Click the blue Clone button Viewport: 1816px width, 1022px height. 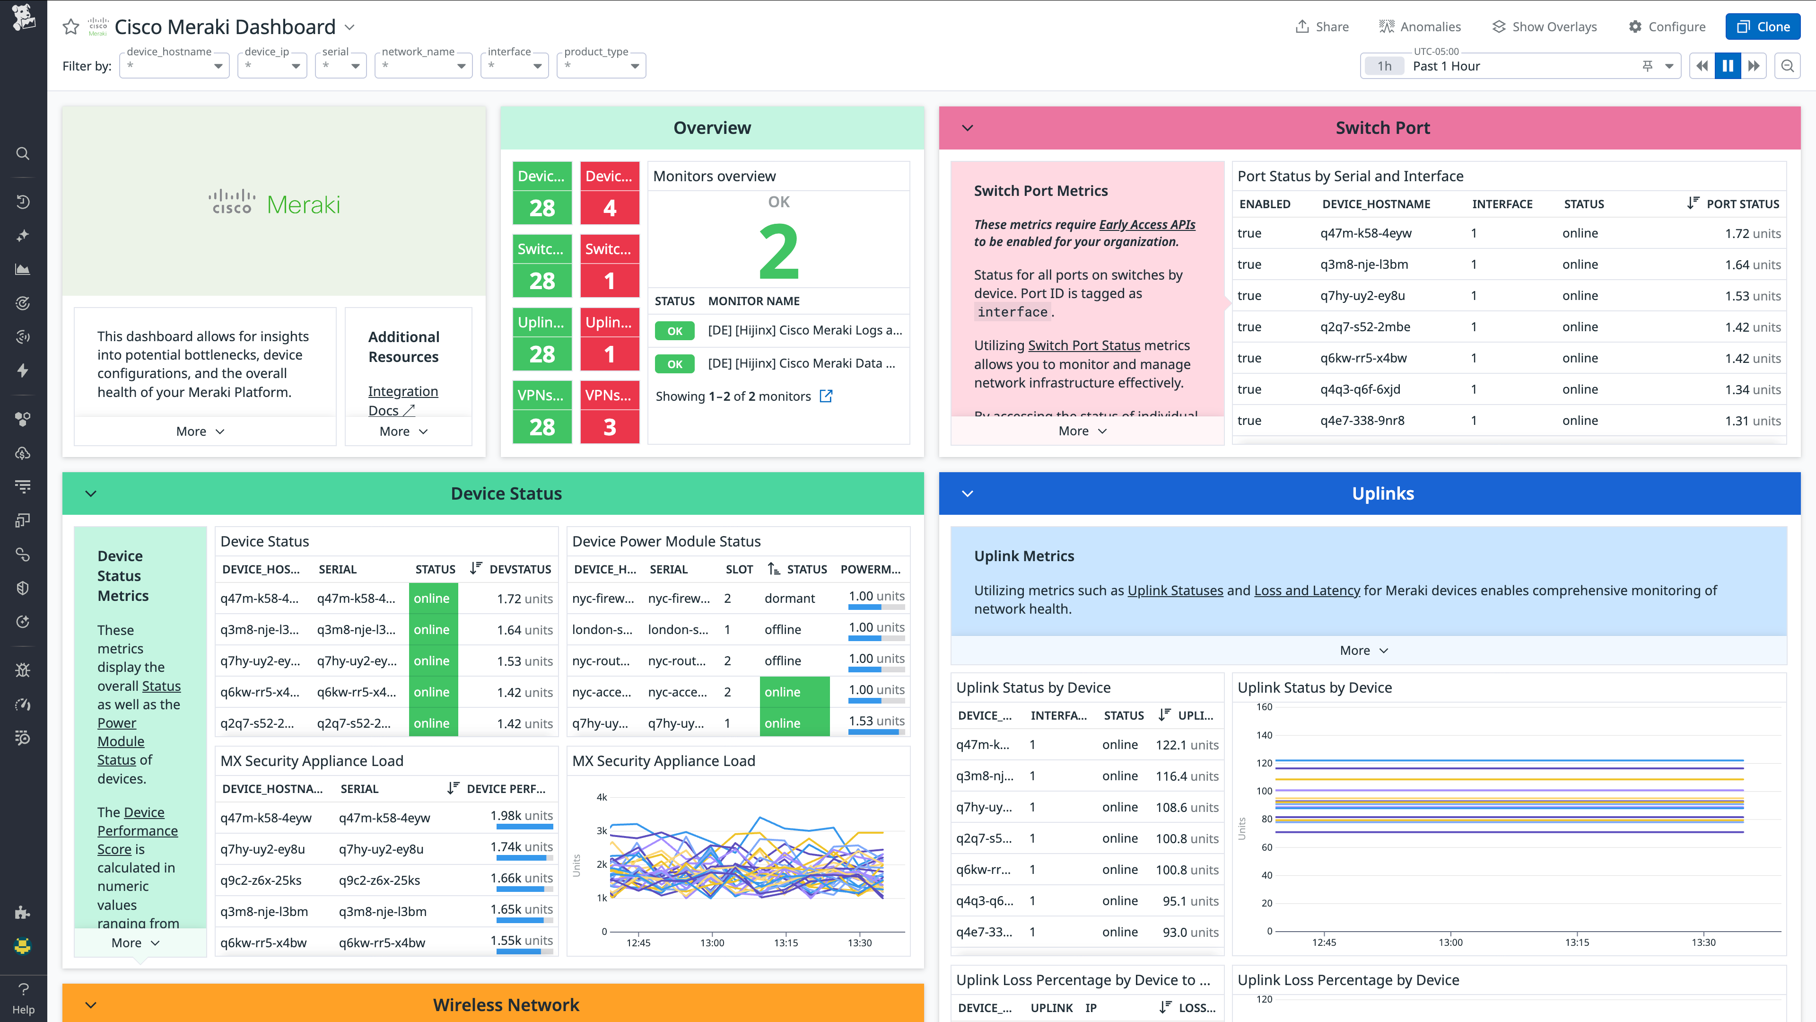click(x=1763, y=27)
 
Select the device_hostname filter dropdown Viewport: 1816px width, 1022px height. click(x=174, y=66)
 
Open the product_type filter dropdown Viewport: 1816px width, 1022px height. click(x=601, y=66)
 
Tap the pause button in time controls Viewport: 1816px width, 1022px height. click(x=1727, y=66)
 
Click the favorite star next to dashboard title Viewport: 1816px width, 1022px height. click(x=70, y=27)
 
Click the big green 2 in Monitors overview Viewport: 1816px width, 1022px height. click(x=778, y=251)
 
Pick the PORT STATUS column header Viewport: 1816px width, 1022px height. click(x=1741, y=204)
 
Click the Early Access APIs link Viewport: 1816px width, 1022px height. click(x=1146, y=224)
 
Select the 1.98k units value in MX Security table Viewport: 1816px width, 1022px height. click(x=521, y=815)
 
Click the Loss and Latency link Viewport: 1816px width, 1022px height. click(x=1306, y=590)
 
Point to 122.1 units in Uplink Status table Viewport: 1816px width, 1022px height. click(x=1187, y=745)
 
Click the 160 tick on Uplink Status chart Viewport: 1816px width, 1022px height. click(x=1264, y=707)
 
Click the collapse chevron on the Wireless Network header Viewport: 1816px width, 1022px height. click(x=91, y=1005)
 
